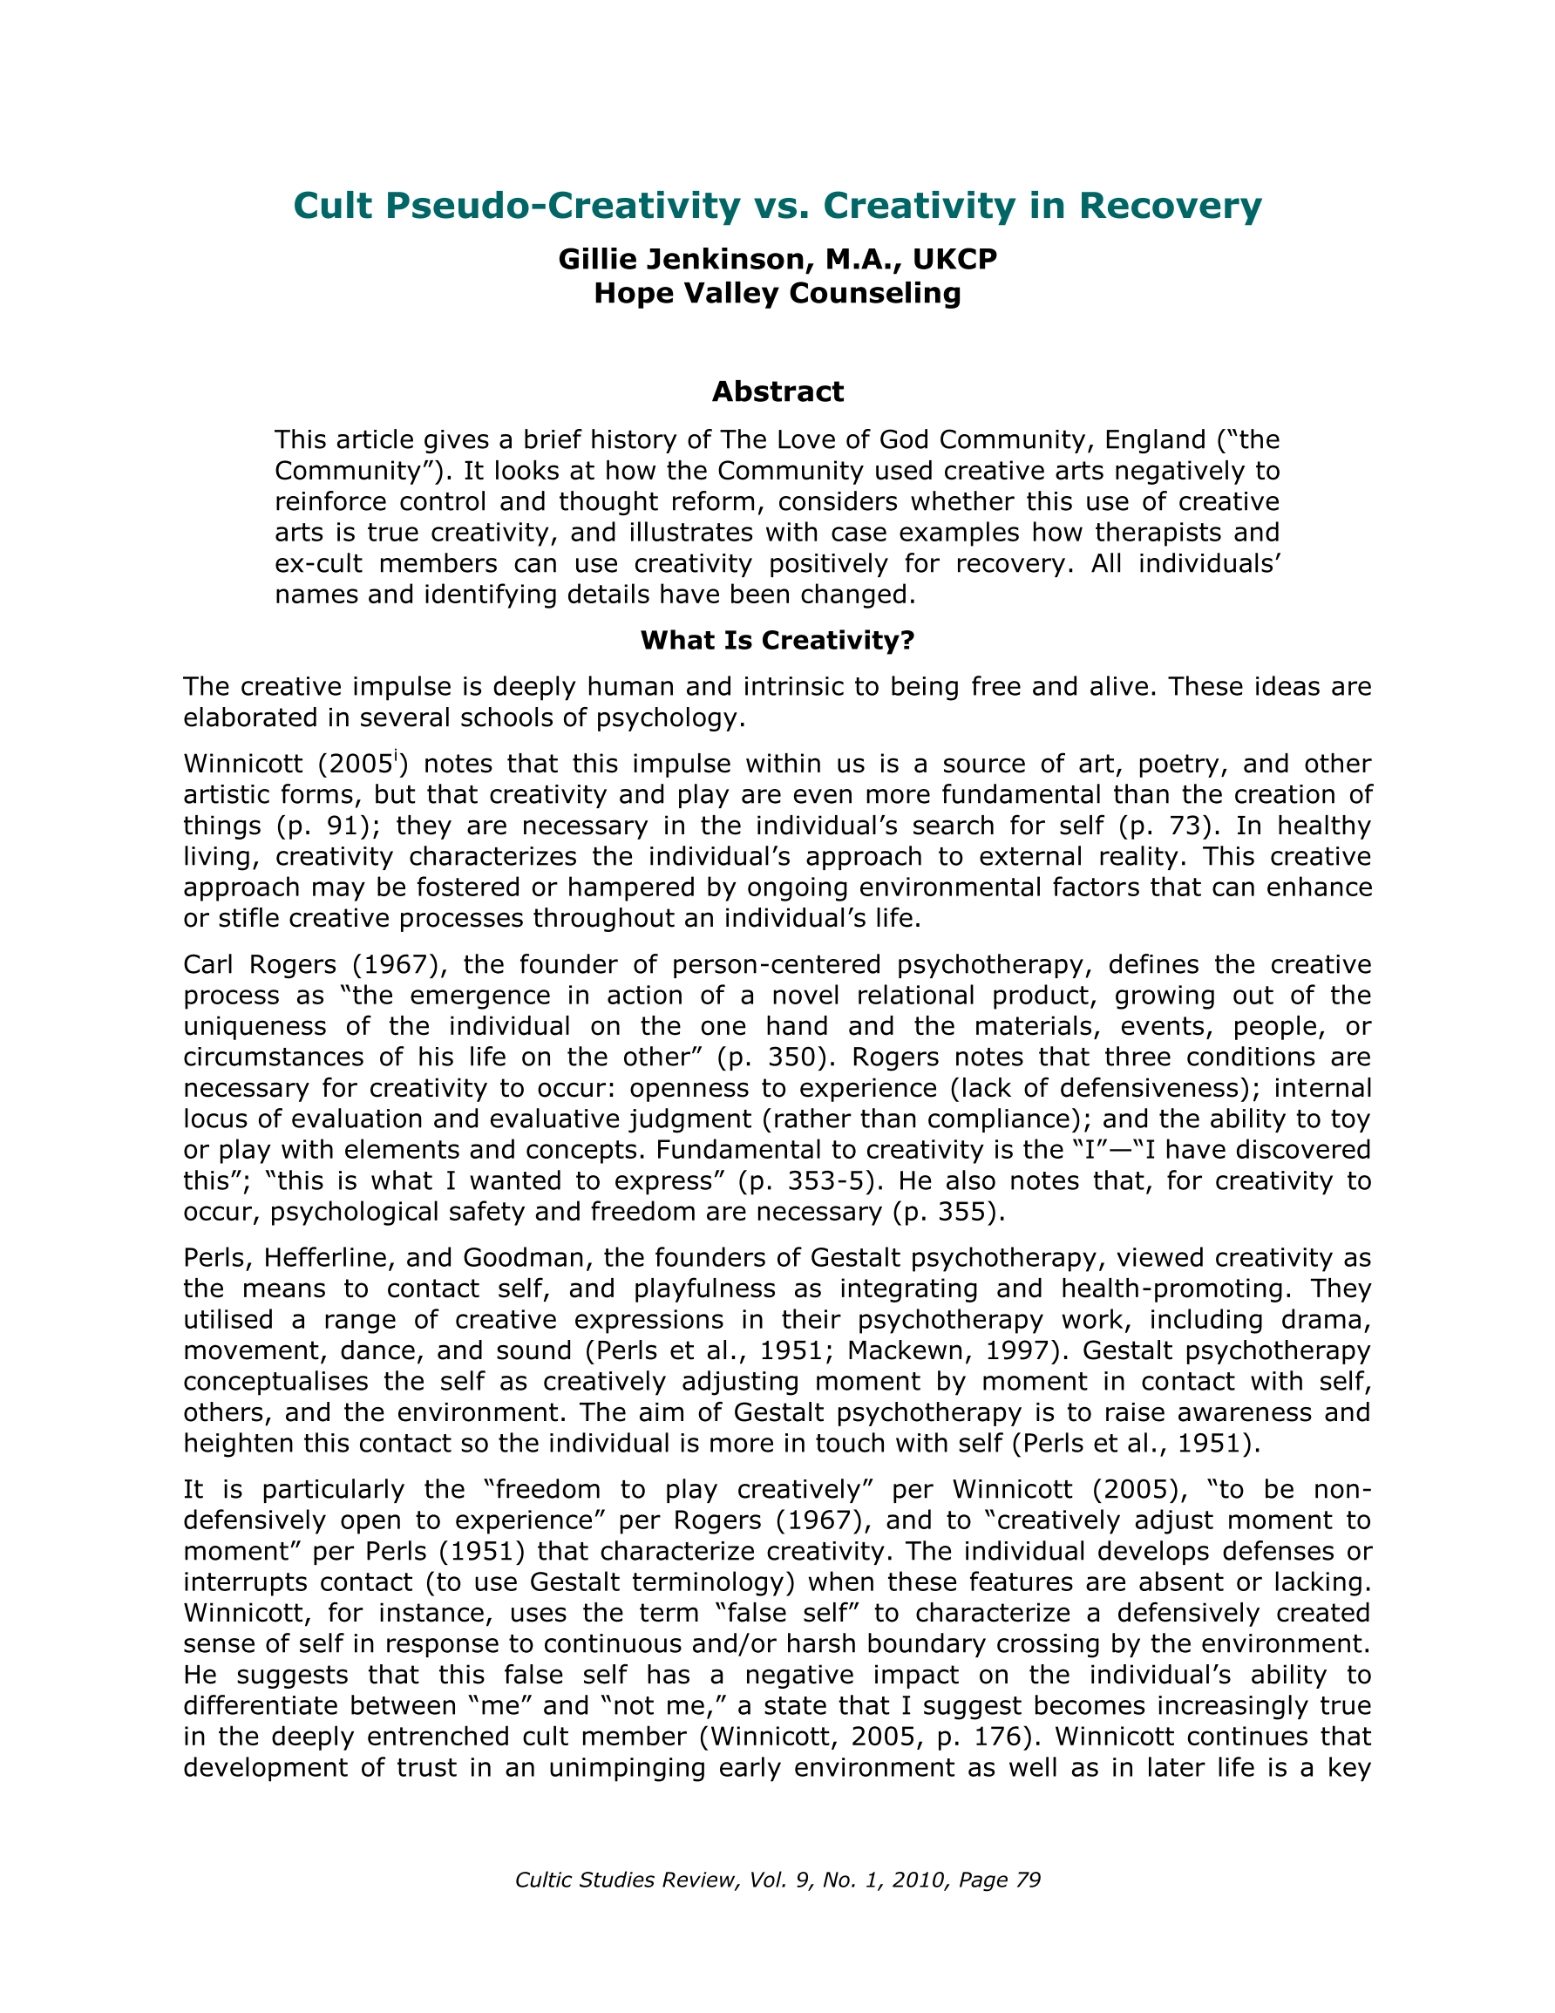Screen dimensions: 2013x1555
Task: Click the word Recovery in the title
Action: click(1170, 206)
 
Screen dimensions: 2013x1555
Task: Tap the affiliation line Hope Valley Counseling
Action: click(777, 293)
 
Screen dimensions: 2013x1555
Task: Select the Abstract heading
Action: click(777, 391)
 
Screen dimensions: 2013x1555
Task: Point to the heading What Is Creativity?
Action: click(777, 640)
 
